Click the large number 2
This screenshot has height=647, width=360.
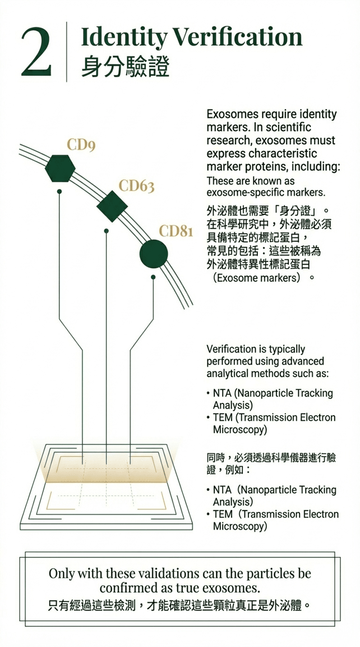point(36,52)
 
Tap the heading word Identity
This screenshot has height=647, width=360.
point(123,38)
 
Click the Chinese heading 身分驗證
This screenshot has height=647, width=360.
point(125,67)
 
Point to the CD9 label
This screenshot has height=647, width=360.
point(81,146)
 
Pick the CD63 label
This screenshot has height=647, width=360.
point(136,186)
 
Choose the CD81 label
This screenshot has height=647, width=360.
point(176,231)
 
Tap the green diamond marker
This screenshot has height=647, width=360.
point(112,207)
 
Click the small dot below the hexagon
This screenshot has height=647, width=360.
point(59,191)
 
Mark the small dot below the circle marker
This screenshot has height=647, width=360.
point(153,277)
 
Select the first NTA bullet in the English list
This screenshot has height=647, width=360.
point(220,393)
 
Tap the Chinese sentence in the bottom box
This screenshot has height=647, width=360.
point(179,606)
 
